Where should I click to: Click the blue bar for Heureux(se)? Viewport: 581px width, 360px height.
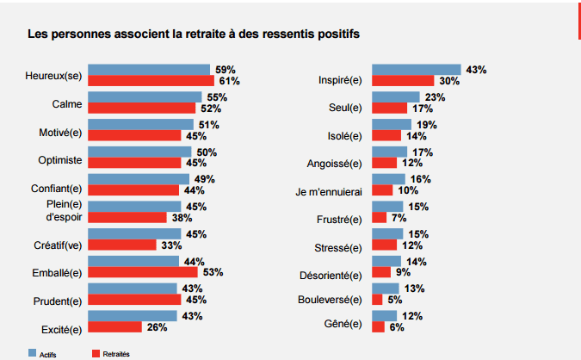(x=149, y=70)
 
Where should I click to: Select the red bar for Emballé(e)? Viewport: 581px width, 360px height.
(x=155, y=272)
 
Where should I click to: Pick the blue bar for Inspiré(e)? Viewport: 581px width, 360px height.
(x=416, y=70)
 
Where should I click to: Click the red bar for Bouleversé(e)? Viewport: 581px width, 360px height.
(x=377, y=300)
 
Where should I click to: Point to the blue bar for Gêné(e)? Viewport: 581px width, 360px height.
(x=384, y=316)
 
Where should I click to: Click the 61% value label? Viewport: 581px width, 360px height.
(x=228, y=81)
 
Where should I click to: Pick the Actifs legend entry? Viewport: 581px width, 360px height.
(x=46, y=354)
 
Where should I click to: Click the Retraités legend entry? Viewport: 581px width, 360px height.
(x=115, y=354)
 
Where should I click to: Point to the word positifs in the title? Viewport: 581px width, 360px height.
(x=335, y=34)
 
